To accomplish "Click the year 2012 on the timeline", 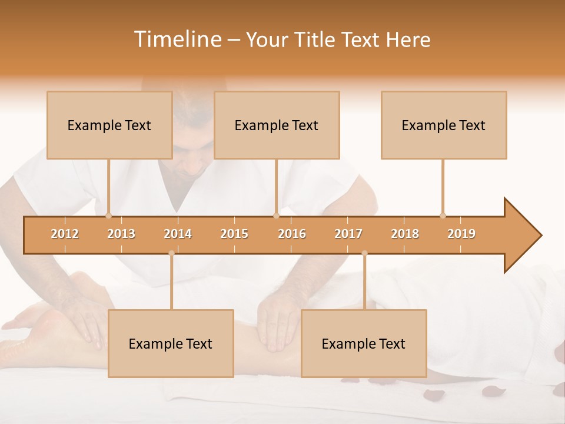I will (x=65, y=234).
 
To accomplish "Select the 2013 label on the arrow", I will (x=121, y=234).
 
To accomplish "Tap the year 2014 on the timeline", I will (x=178, y=234).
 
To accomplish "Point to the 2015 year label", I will (x=234, y=234).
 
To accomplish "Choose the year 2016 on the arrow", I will (x=292, y=234).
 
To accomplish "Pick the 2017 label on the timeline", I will (x=348, y=234).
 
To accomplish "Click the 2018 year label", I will (x=405, y=234).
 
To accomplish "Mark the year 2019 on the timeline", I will (x=461, y=234).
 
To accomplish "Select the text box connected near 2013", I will (x=109, y=125).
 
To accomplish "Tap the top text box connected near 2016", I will (x=277, y=125).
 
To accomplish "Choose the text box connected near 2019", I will (x=444, y=125).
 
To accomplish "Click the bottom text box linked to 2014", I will (x=171, y=343).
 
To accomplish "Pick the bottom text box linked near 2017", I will (x=364, y=343).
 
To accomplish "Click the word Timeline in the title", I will (x=177, y=39).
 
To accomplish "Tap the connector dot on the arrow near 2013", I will (x=108, y=216).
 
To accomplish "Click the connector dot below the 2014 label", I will (x=171, y=253).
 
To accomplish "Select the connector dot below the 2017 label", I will (x=364, y=253).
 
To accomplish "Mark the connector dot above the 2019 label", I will (x=443, y=216).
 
